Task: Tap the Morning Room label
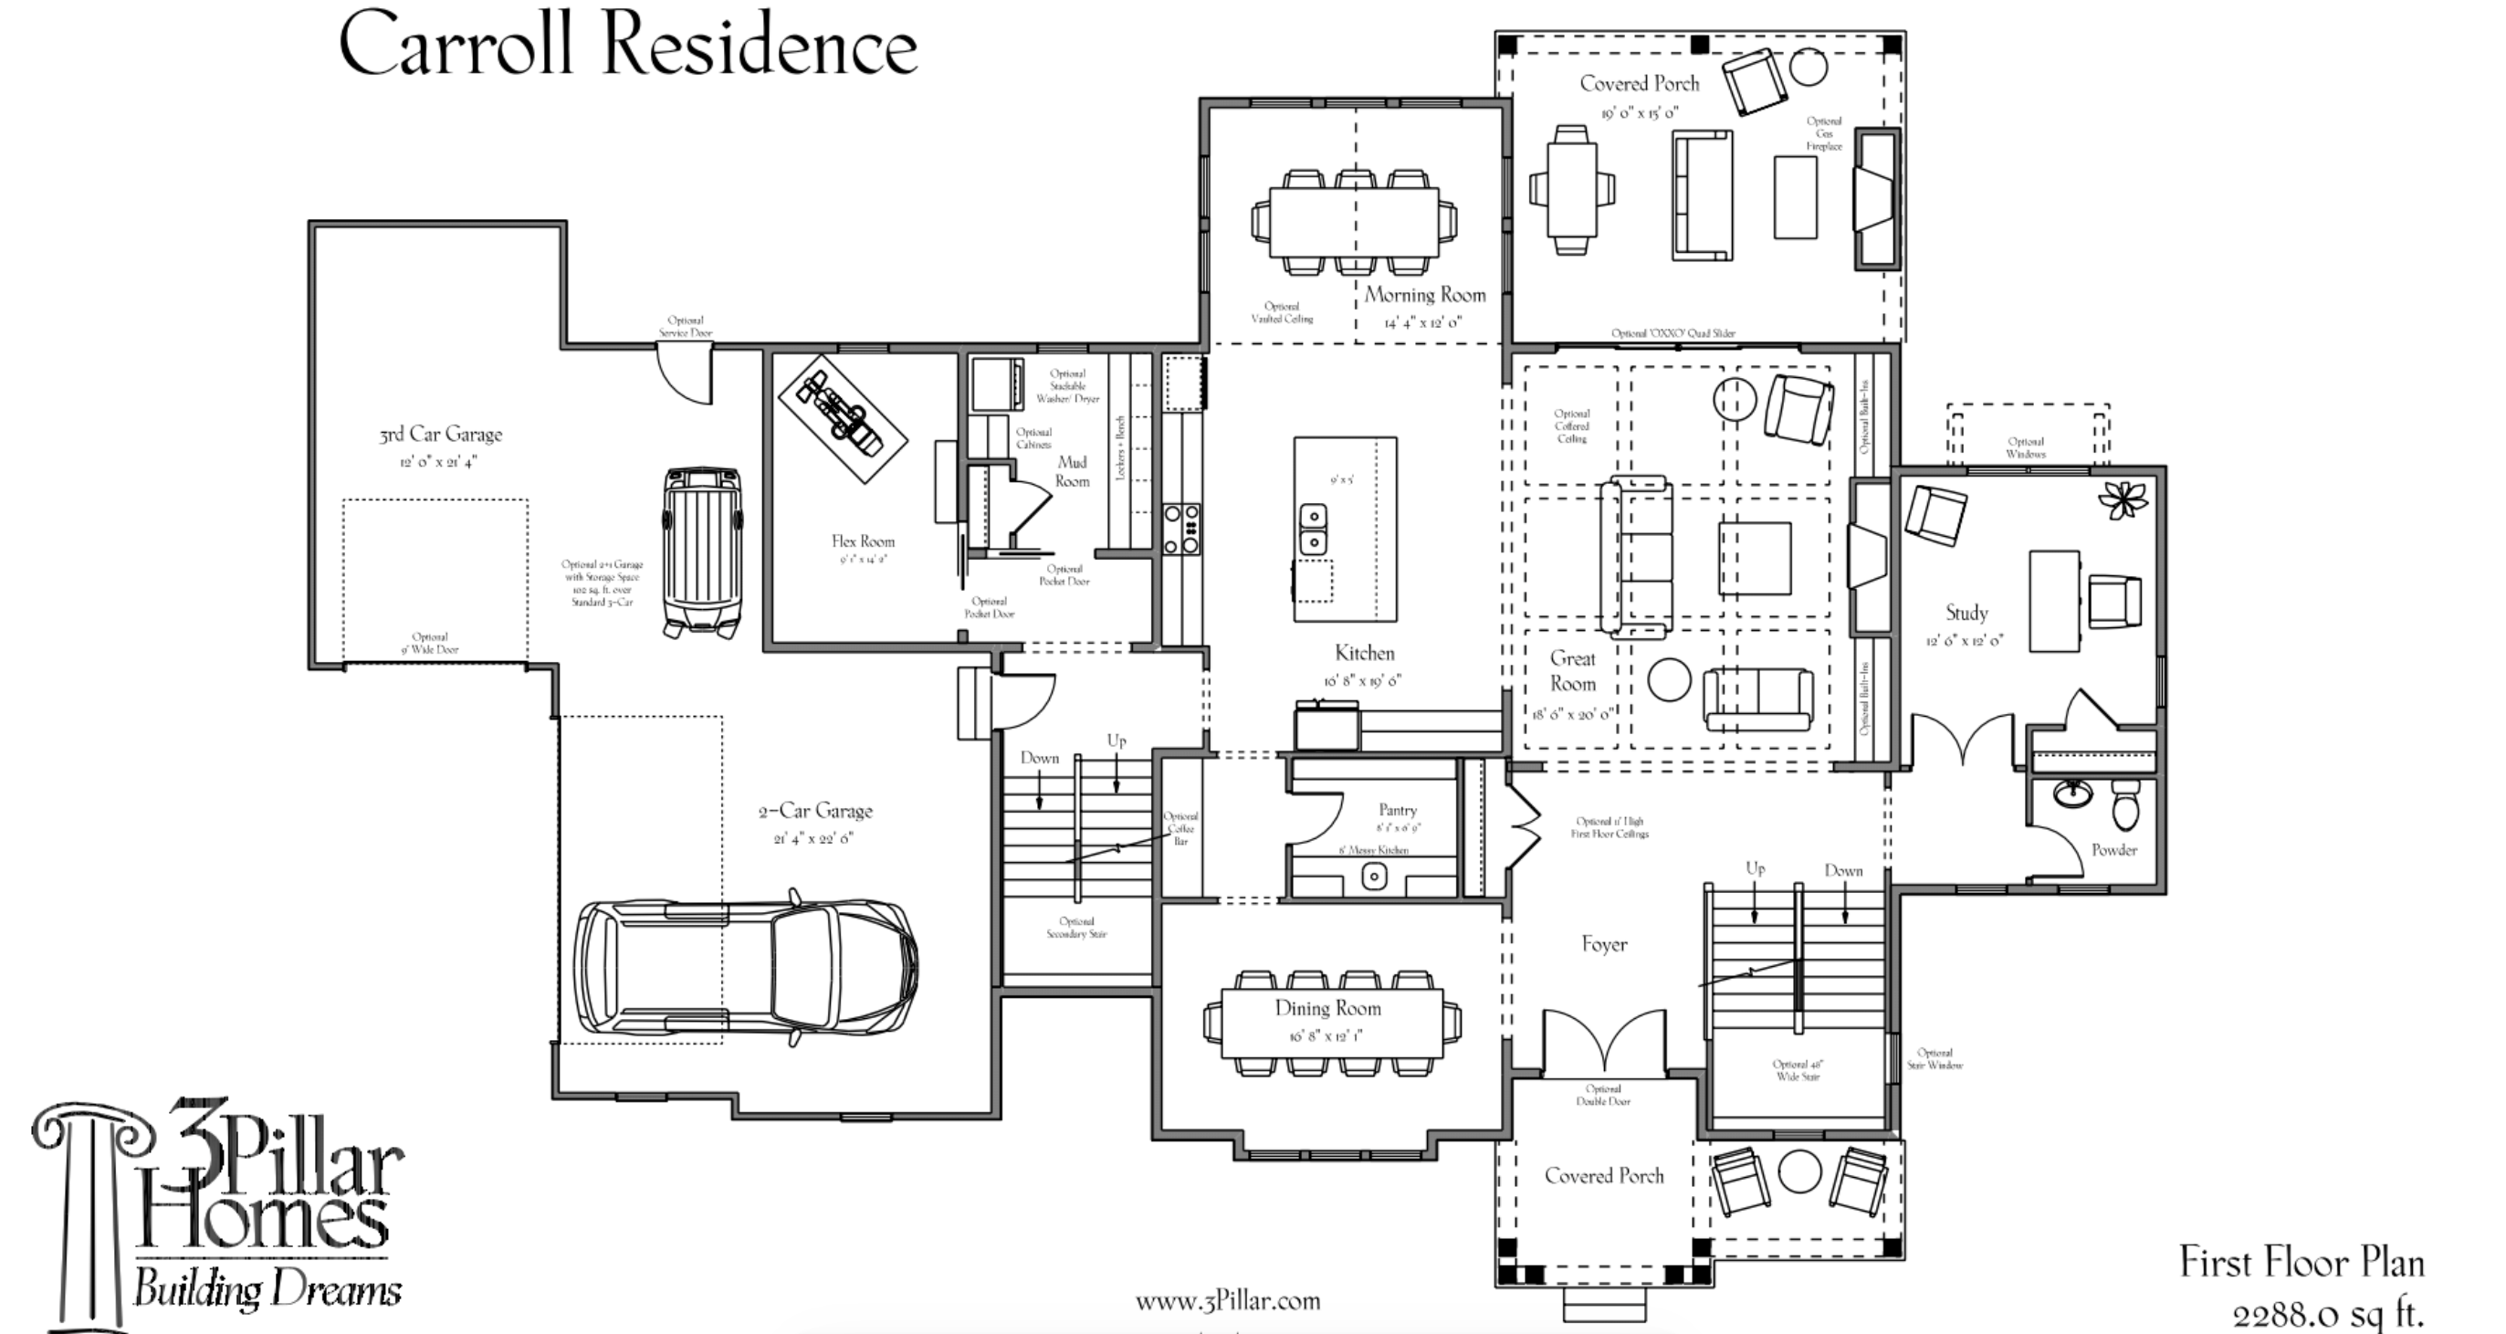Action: click(1424, 295)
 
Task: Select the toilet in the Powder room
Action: click(2125, 804)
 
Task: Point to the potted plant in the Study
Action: click(2122, 500)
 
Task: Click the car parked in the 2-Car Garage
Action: click(745, 966)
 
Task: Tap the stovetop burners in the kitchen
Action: click(1182, 530)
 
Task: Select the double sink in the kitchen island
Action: click(1313, 528)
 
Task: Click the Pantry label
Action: click(1397, 811)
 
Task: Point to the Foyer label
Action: click(1604, 944)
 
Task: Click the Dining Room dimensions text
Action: click(1326, 1036)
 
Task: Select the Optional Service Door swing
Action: click(686, 375)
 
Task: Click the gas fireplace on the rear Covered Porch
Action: click(1875, 198)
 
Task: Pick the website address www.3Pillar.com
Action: click(1227, 1301)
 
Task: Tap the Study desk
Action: click(2053, 601)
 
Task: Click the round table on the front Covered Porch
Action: click(1798, 1172)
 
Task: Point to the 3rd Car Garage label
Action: click(441, 435)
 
